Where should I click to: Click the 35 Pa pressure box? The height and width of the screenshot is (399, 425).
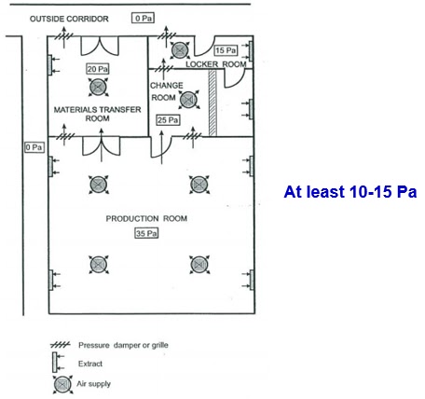coord(146,233)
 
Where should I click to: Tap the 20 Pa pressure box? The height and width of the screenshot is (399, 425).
coord(98,69)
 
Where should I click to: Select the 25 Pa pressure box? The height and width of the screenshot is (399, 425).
coord(168,119)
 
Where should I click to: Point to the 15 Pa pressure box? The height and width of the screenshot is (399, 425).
coord(226,50)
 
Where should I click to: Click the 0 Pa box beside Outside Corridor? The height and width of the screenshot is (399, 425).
coord(143,18)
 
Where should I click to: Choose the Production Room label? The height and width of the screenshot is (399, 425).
coord(146,219)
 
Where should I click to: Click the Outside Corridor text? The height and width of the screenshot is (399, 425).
coord(69,19)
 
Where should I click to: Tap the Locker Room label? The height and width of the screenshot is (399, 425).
coord(216,64)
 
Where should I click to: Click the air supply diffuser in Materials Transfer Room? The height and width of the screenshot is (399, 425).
coord(98,88)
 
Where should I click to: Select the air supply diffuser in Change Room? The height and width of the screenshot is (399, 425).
coord(188,100)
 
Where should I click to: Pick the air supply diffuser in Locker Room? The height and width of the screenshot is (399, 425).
coord(180,50)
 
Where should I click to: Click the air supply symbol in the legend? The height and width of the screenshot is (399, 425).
coord(62,385)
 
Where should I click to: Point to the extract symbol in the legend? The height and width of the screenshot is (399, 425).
coord(58,362)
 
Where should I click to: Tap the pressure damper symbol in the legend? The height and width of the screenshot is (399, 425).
coord(60,345)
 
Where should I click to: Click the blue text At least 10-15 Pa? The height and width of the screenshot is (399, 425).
coord(350,191)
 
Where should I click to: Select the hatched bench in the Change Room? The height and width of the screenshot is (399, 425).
coord(212,103)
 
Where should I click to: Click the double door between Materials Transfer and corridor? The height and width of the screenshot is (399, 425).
coord(100,46)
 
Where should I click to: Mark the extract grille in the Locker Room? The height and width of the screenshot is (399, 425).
coord(249,51)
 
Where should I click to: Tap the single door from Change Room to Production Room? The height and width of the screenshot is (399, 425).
coord(160,147)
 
